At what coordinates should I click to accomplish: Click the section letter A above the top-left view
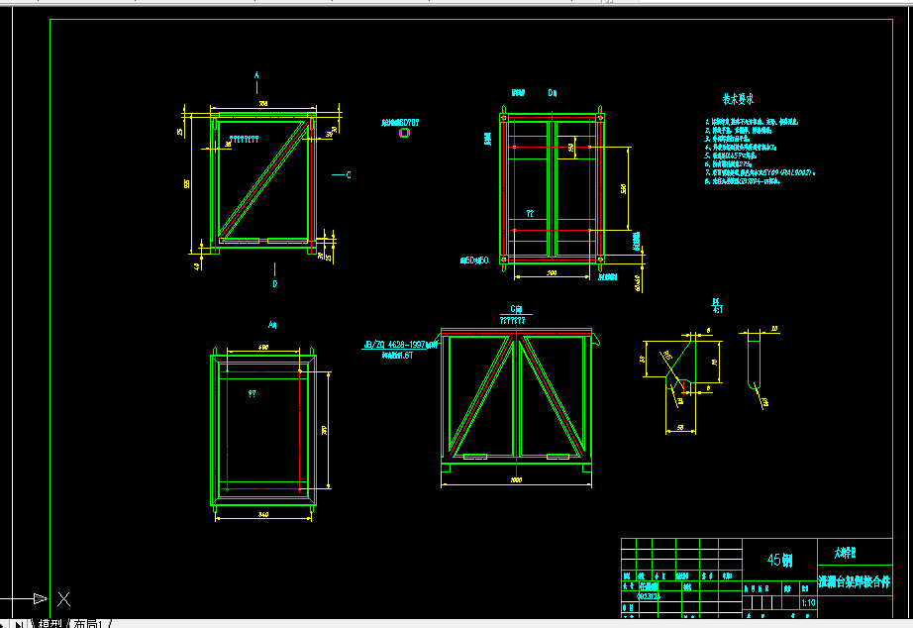[256, 75]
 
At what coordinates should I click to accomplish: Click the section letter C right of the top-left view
[349, 175]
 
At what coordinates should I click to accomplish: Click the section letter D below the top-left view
[275, 283]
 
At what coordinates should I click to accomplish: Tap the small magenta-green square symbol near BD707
[403, 131]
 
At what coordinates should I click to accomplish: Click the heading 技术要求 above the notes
[739, 99]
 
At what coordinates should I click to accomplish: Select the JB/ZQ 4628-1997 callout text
[396, 345]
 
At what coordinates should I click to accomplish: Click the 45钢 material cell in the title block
[780, 560]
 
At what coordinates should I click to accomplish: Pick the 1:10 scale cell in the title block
[808, 602]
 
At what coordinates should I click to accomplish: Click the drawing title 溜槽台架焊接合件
[854, 581]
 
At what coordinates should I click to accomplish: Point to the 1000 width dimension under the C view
[516, 479]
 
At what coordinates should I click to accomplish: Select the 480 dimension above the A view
[263, 347]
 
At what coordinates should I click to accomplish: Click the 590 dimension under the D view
[552, 272]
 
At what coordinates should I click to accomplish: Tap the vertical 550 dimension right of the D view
[623, 188]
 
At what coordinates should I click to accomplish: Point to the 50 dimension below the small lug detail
[681, 428]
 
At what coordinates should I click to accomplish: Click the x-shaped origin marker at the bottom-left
[63, 598]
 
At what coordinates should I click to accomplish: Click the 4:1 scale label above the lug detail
[716, 308]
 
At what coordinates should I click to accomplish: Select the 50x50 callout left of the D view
[475, 262]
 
